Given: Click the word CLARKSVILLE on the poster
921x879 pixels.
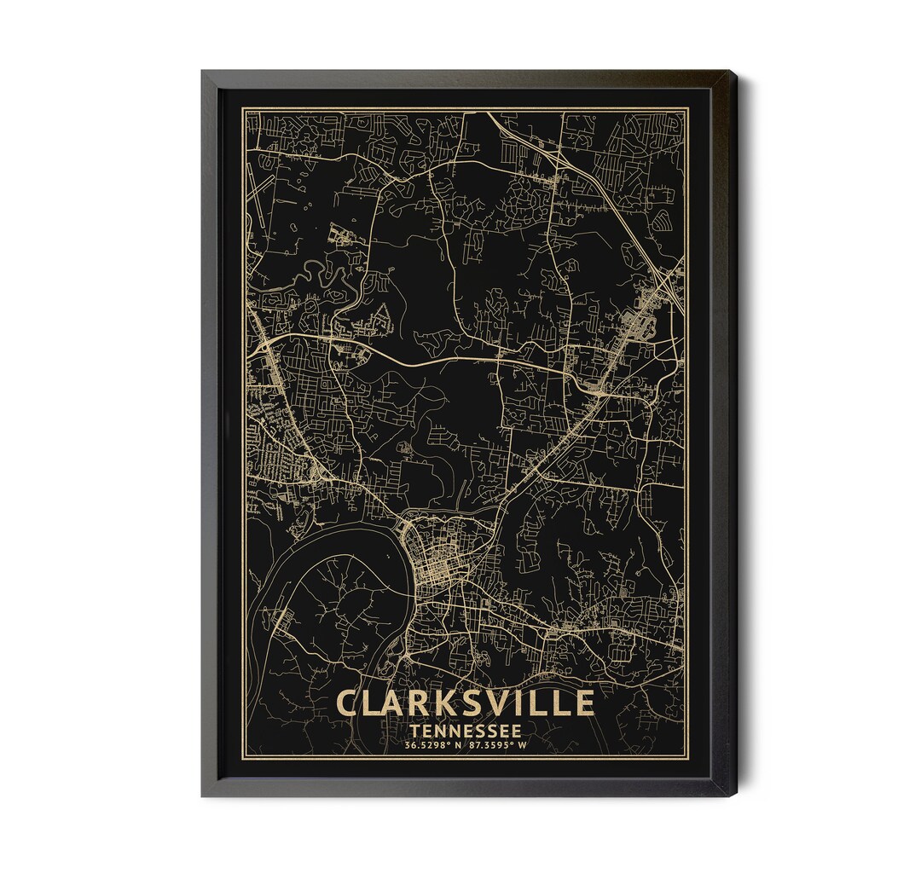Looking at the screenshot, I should [465, 703].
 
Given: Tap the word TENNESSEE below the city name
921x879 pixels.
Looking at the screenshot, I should [465, 732].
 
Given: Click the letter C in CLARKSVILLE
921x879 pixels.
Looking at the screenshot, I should [349, 703].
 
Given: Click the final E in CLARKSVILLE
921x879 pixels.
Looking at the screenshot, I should [582, 703].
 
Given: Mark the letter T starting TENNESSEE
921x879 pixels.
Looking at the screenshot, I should [414, 732].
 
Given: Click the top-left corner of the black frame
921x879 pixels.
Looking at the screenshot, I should [203, 72].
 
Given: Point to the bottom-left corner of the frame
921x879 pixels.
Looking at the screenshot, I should [203, 795].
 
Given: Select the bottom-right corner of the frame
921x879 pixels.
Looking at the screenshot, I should [736, 795].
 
